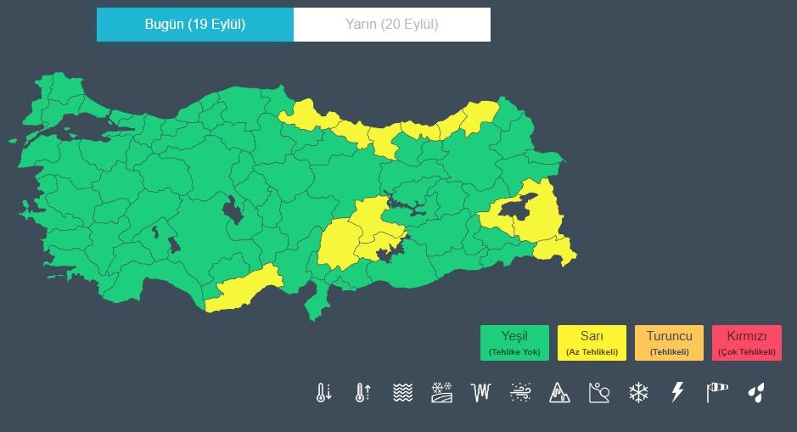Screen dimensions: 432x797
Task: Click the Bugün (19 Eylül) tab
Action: pos(195,24)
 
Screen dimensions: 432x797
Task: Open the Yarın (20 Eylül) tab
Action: pos(391,24)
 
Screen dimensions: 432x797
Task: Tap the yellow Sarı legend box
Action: pos(592,343)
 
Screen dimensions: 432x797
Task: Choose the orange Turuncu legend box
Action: pos(669,343)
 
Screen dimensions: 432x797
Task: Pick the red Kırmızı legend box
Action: pos(746,343)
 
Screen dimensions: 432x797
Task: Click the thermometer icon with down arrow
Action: pos(323,392)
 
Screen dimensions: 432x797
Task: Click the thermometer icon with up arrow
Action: pos(363,392)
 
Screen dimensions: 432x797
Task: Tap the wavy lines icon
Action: pos(402,392)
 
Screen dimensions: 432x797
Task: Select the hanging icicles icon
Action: pos(481,392)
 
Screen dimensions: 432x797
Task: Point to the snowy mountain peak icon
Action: pos(559,392)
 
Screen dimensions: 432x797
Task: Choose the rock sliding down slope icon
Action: pos(599,392)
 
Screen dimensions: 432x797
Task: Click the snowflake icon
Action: pos(638,392)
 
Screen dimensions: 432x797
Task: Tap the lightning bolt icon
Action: pos(677,392)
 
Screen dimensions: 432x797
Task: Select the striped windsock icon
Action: pos(717,392)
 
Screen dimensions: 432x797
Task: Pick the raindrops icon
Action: pos(755,392)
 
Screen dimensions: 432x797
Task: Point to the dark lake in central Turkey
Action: pos(232,209)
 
